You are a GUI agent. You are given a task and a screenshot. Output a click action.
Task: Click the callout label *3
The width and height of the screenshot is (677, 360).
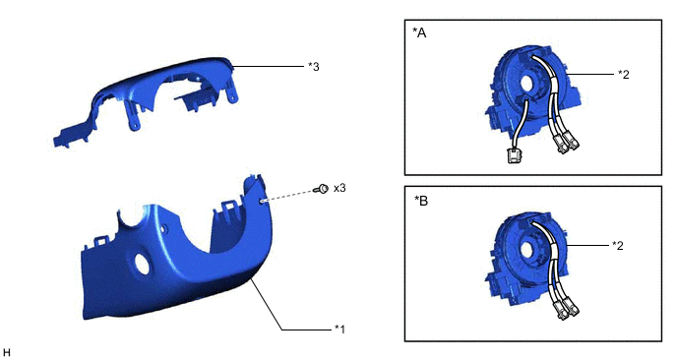[314, 67]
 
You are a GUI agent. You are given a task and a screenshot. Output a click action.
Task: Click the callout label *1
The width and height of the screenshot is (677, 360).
[339, 329]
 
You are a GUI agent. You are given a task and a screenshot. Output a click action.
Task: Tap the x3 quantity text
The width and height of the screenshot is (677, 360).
[339, 189]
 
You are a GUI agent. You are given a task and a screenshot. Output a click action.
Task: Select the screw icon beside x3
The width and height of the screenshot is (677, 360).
[322, 189]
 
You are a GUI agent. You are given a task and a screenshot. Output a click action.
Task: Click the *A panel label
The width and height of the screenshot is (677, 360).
[419, 32]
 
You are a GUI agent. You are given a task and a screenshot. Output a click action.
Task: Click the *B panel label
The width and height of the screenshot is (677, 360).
[421, 201]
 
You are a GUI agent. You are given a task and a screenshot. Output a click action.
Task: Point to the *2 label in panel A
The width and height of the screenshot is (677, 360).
[624, 74]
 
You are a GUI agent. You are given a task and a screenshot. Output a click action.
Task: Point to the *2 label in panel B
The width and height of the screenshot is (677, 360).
[618, 245]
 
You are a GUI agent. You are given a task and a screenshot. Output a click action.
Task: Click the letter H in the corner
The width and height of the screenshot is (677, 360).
[6, 353]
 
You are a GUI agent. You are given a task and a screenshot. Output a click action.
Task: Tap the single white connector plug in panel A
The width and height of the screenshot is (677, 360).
[513, 155]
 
